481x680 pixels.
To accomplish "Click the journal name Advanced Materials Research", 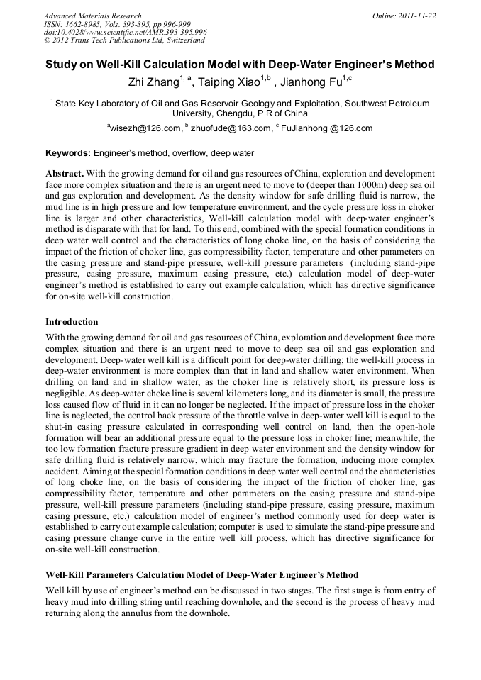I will [92, 16].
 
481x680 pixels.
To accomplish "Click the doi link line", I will [125, 33].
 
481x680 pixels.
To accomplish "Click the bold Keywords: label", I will [68, 153].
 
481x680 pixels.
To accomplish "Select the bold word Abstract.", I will [65, 174].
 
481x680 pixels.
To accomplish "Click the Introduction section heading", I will [72, 322].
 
